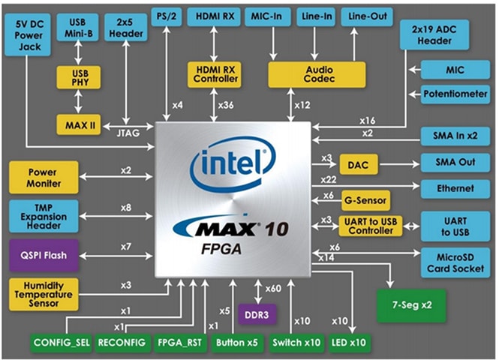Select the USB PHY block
click(x=78, y=76)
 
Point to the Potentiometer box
click(x=452, y=96)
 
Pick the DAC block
click(x=353, y=163)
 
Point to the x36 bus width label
click(x=225, y=106)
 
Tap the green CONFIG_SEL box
click(x=62, y=344)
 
